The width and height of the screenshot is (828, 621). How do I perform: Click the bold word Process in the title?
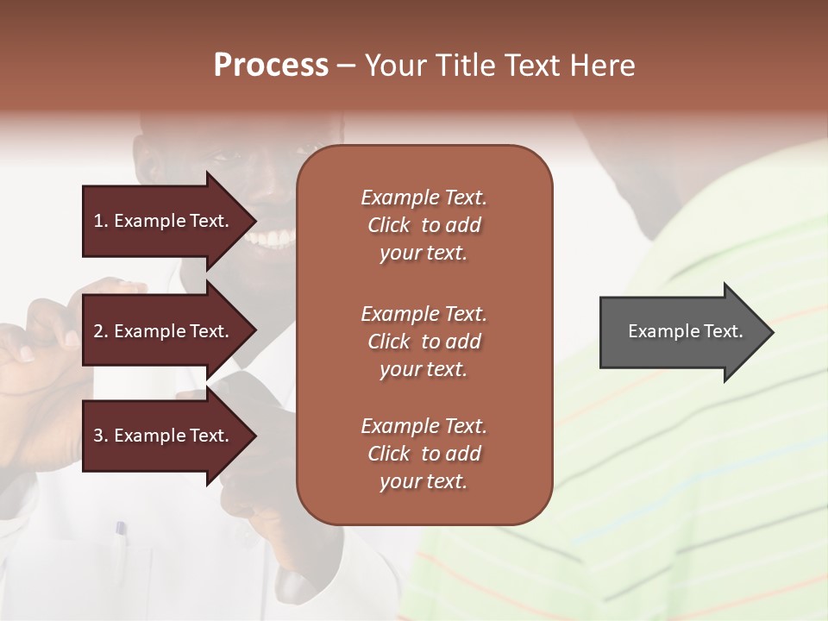click(x=271, y=66)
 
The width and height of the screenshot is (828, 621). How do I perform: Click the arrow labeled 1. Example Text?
click(x=164, y=221)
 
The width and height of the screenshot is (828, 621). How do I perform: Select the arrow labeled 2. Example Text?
click(x=164, y=331)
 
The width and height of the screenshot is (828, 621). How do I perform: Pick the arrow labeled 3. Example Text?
click(x=164, y=436)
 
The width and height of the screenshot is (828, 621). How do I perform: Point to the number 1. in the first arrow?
click(x=100, y=221)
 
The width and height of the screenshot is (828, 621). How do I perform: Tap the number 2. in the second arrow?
click(x=100, y=331)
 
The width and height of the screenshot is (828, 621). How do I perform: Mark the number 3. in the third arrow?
click(x=100, y=436)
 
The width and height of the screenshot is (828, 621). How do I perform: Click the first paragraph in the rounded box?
click(x=423, y=225)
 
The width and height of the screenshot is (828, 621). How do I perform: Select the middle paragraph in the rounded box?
click(x=423, y=342)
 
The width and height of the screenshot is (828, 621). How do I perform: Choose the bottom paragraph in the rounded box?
click(x=423, y=454)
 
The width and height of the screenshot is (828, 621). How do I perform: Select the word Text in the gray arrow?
click(x=724, y=331)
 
